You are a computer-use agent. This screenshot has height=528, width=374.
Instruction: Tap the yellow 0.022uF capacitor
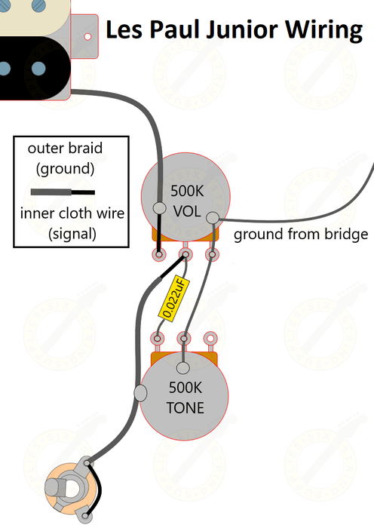(173, 297)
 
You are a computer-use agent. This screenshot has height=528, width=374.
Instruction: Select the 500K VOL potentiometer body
(185, 196)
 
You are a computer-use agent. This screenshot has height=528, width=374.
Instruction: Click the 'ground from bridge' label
(300, 235)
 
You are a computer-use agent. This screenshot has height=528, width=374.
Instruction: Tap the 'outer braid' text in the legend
(65, 149)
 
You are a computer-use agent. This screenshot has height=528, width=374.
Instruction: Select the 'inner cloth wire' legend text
(72, 213)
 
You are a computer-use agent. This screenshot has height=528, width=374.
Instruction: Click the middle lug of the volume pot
(185, 255)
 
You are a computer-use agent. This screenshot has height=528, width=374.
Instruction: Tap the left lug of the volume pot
(159, 255)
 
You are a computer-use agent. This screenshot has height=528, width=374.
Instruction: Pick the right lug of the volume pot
(212, 255)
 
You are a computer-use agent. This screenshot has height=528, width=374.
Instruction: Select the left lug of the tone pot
(158, 338)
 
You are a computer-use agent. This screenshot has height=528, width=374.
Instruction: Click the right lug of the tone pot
(212, 338)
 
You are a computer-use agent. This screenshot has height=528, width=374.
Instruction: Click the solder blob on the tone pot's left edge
(140, 392)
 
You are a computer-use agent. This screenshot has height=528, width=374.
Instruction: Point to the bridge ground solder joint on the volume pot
(212, 219)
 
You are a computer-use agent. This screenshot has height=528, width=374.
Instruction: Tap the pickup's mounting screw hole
(87, 35)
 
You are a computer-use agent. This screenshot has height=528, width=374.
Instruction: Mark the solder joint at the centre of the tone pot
(184, 369)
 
